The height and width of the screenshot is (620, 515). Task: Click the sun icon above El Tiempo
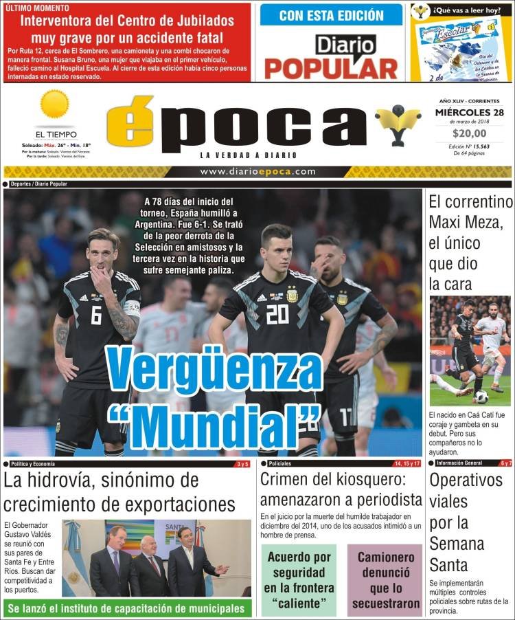coord(55,104)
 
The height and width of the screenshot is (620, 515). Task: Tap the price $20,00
coord(470,133)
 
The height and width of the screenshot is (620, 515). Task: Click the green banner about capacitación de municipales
coord(127,608)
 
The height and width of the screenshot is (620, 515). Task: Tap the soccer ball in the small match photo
coord(481,397)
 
